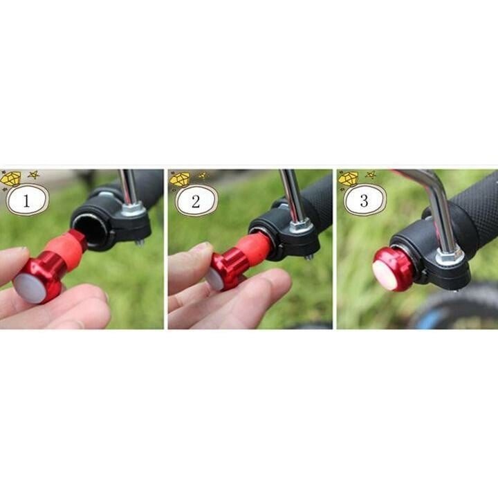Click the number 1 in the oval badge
pyautogui.click(x=26, y=201)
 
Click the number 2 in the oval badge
pyautogui.click(x=196, y=201)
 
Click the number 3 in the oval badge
pyautogui.click(x=364, y=201)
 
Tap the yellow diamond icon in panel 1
pyautogui.click(x=11, y=179)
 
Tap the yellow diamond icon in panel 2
pyautogui.click(x=180, y=179)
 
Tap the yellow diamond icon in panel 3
pyautogui.click(x=348, y=179)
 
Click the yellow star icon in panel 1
pyautogui.click(x=33, y=175)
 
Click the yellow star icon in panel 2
pyautogui.click(x=203, y=175)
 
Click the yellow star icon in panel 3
pyautogui.click(x=370, y=175)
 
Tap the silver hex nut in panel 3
pyautogui.click(x=449, y=257)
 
